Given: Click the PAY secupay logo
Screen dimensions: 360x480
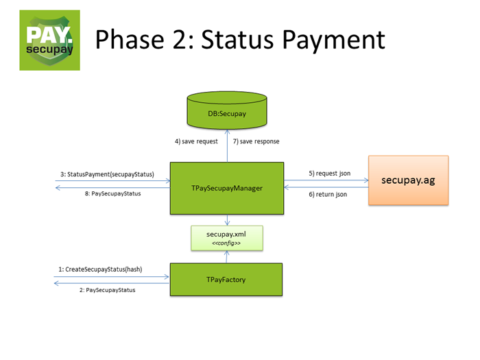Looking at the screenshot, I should [49, 40].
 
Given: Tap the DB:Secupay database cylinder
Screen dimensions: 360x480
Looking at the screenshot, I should [227, 111].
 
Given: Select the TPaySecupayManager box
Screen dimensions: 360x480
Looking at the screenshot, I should [227, 187].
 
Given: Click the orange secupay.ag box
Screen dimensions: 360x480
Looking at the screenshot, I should [408, 180].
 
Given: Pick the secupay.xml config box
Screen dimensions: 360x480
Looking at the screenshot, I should [227, 238].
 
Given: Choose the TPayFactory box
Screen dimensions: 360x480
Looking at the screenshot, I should [227, 280].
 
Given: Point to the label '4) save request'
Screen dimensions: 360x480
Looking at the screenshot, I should [196, 141].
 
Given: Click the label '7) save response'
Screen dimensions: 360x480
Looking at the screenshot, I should [256, 141].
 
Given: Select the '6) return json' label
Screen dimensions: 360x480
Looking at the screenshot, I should [328, 195].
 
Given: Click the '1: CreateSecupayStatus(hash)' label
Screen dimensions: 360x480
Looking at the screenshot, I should [101, 269].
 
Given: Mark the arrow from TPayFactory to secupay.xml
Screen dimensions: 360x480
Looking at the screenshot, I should [227, 256].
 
